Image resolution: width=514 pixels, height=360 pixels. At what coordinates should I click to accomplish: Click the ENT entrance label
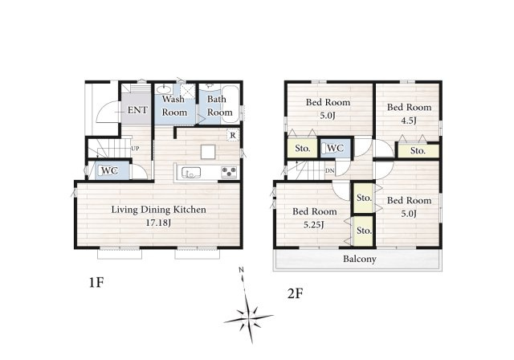tap(137, 110)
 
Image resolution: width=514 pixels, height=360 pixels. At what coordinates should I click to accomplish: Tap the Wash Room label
tap(174, 105)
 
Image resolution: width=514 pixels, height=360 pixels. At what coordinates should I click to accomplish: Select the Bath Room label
tap(219, 105)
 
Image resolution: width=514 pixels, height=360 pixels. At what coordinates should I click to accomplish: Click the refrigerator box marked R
tap(233, 135)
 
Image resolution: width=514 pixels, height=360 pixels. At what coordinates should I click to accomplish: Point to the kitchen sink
tap(191, 172)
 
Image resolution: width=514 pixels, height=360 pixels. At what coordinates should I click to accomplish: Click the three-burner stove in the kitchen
tap(229, 173)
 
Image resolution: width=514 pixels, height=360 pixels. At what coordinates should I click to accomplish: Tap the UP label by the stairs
tap(135, 149)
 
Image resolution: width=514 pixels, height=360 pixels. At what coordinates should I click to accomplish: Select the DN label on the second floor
tap(329, 171)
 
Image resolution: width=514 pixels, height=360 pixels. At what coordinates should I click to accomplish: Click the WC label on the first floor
tap(109, 171)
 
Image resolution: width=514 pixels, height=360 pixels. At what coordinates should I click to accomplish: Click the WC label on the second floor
tap(336, 148)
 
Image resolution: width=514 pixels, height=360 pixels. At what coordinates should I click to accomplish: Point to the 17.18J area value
tap(158, 223)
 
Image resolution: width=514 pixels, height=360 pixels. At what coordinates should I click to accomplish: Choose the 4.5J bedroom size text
tap(409, 121)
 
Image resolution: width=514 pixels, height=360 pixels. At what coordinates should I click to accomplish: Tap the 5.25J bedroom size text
tap(314, 225)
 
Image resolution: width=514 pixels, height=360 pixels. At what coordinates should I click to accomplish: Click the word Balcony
tap(359, 259)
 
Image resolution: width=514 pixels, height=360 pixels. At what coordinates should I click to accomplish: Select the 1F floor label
tap(96, 282)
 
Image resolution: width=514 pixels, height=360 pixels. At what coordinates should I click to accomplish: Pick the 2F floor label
tap(295, 293)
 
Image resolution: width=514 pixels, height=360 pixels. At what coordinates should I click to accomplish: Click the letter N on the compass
tap(241, 270)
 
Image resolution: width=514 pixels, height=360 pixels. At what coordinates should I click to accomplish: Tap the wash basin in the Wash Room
tap(164, 89)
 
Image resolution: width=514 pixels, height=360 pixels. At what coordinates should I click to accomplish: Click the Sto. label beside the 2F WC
tap(302, 149)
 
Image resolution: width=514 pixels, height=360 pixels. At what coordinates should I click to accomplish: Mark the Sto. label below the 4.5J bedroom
tap(418, 151)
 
